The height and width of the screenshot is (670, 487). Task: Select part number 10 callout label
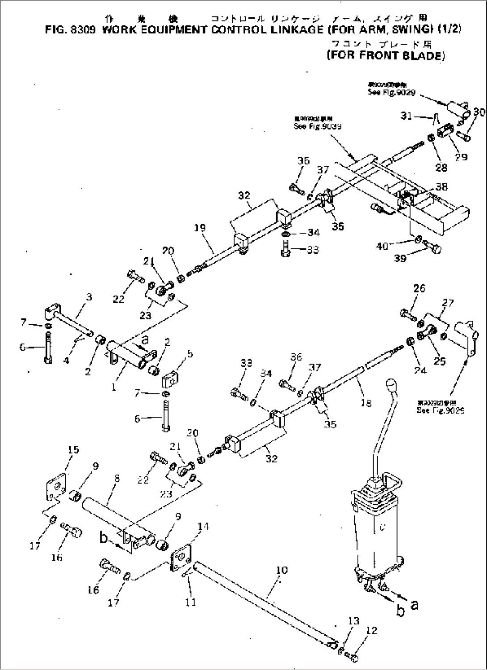(282, 570)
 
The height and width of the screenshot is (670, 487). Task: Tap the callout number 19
(200, 228)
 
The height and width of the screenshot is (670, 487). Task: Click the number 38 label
(441, 187)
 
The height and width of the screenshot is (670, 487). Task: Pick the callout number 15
(74, 450)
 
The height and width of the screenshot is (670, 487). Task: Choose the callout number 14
(202, 526)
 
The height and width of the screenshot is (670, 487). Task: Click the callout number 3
(89, 297)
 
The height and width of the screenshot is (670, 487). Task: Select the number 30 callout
(479, 112)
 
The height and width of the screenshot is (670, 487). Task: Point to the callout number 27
(447, 303)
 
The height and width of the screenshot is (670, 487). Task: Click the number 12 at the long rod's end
(371, 630)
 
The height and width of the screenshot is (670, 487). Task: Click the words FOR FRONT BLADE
(386, 56)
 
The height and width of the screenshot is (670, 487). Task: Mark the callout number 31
(406, 116)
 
